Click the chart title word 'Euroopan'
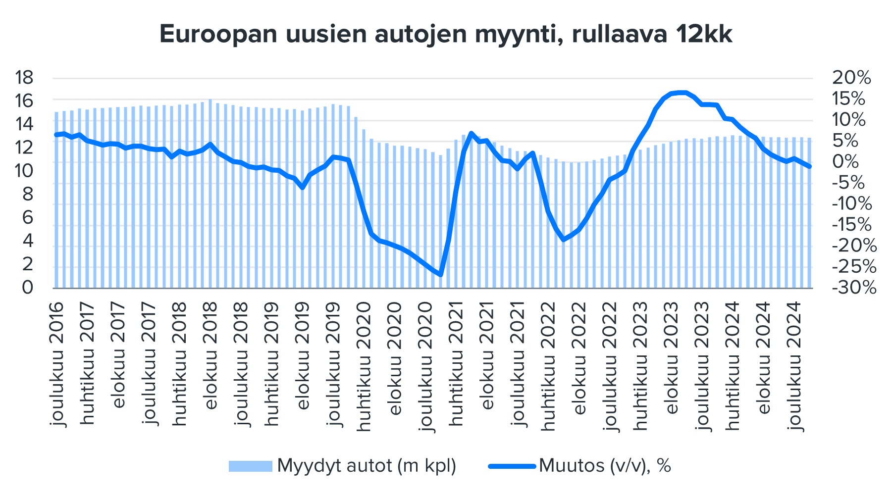(x=218, y=35)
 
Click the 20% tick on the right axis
(x=851, y=78)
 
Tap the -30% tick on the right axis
(x=854, y=287)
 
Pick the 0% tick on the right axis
(x=845, y=161)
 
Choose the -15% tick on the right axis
(x=854, y=224)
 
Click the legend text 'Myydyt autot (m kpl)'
(x=367, y=466)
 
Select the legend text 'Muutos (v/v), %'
(x=605, y=466)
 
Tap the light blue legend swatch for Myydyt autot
(x=250, y=466)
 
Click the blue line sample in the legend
(x=512, y=466)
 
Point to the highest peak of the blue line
(x=682, y=92)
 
